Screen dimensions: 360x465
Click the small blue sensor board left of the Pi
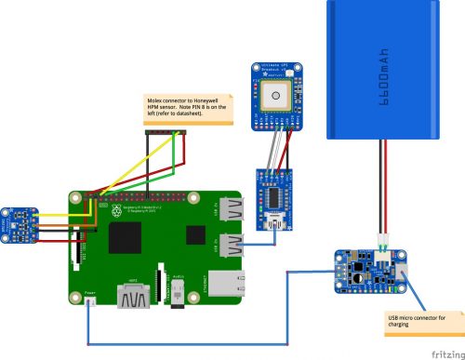[x=19, y=223]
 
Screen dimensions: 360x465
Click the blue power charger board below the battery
[x=369, y=271]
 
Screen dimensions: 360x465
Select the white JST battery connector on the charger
[x=383, y=252]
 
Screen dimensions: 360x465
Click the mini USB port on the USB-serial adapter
[x=275, y=224]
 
